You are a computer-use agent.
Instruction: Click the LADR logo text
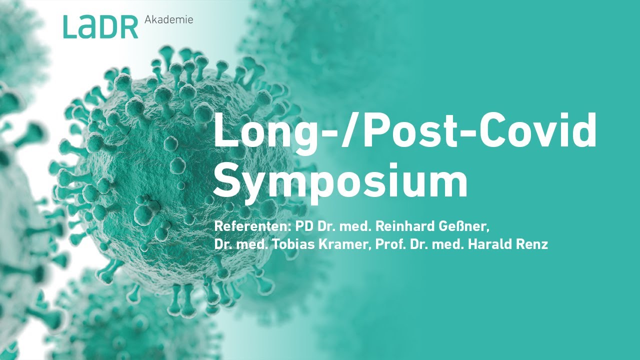tap(100, 27)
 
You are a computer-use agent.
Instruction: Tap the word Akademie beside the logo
tap(168, 20)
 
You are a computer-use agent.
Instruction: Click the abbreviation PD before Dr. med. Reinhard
tap(304, 226)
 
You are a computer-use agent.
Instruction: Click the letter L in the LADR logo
tap(70, 27)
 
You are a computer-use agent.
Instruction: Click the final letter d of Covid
tap(583, 129)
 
